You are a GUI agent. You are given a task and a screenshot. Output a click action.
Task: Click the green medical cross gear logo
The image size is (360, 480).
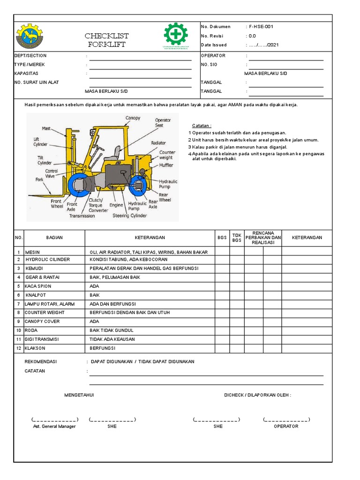[176, 34]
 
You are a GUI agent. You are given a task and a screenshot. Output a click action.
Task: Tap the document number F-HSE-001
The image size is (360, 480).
[261, 27]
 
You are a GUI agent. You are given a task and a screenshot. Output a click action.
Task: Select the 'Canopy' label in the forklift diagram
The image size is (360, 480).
[132, 118]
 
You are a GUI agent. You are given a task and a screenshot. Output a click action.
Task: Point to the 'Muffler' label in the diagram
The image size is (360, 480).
[166, 165]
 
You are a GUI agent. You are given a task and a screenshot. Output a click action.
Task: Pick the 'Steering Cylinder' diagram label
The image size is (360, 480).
[130, 216]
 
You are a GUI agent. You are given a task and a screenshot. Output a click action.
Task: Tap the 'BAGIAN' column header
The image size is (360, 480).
[54, 238]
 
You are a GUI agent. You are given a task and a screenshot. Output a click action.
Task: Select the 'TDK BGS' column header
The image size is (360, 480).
[237, 238]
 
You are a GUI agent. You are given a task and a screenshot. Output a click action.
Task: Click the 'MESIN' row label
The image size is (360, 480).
[32, 252]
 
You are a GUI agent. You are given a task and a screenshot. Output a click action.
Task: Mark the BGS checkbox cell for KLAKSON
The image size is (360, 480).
[222, 349]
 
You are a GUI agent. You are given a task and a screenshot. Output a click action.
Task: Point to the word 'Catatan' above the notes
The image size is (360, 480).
[202, 126]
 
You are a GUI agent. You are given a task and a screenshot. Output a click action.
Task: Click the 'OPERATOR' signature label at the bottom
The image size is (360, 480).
[286, 427]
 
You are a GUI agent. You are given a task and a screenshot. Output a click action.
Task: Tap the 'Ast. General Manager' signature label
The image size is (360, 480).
[54, 427]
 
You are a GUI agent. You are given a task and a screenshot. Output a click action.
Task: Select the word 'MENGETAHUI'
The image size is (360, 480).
[79, 395]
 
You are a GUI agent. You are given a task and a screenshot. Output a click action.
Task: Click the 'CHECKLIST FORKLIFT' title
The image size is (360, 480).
[107, 40]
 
